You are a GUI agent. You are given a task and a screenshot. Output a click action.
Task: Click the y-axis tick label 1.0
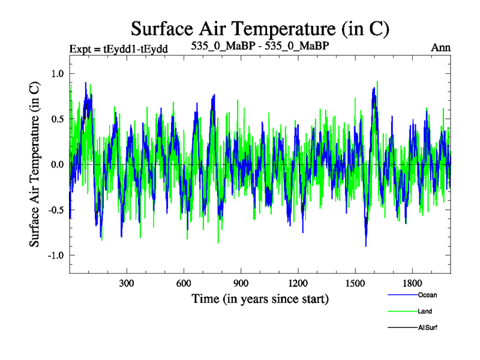56,74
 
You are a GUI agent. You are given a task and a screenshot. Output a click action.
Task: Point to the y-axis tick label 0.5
56,119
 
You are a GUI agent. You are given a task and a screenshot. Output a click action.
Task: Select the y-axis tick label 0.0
56,164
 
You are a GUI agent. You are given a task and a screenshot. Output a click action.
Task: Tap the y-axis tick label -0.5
55,210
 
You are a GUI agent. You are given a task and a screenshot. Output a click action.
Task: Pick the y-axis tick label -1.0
55,255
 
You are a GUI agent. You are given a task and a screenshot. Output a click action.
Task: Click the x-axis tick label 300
127,283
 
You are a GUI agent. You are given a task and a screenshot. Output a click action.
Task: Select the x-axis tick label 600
184,283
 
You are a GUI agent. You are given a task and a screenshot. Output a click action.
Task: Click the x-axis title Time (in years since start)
260,298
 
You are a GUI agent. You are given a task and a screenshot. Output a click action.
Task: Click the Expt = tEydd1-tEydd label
118,48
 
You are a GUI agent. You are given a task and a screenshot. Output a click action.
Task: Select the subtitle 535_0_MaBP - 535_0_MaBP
260,46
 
